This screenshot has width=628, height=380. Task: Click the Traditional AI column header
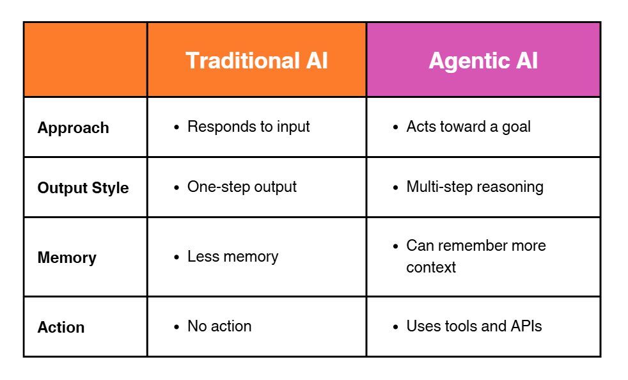click(x=256, y=60)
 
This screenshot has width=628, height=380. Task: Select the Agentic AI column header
click(x=483, y=60)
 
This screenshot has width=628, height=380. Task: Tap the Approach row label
click(x=73, y=128)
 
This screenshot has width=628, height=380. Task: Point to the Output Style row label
click(x=83, y=188)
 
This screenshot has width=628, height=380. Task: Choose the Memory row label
click(x=67, y=258)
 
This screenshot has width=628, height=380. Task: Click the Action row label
click(x=61, y=328)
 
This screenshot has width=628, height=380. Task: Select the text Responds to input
click(x=248, y=127)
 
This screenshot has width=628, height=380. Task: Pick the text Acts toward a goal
click(x=468, y=127)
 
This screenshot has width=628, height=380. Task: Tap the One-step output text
click(x=242, y=187)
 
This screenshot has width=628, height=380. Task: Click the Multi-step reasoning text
click(x=475, y=187)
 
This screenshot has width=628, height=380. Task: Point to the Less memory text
click(x=233, y=257)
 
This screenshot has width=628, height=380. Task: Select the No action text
click(x=219, y=326)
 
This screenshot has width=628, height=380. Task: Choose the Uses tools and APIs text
click(x=474, y=326)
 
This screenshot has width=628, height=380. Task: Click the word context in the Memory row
click(x=431, y=267)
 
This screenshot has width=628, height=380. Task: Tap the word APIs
click(x=526, y=326)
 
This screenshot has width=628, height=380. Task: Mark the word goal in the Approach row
click(x=516, y=127)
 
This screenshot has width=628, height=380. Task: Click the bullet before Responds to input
click(x=177, y=127)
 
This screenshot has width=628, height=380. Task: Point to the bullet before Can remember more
click(x=396, y=246)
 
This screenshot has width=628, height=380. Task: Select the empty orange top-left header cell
click(x=85, y=59)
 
